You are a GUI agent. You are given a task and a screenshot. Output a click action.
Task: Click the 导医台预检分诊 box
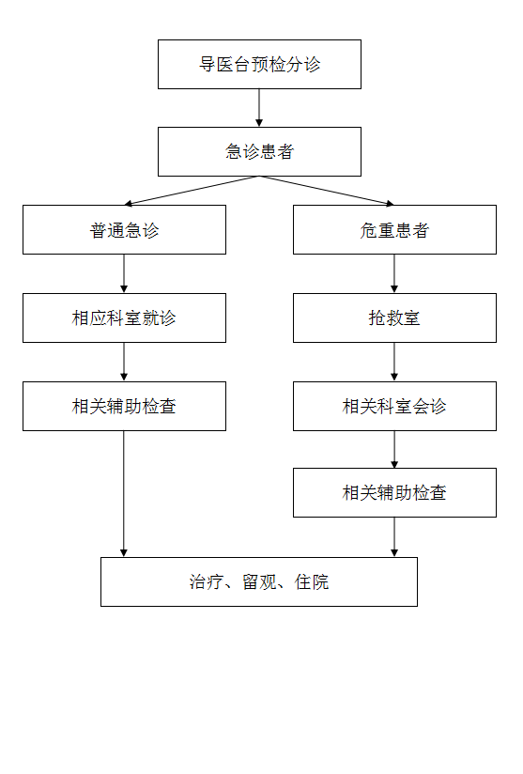[x=259, y=64]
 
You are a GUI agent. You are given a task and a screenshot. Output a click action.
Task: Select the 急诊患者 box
[x=259, y=151]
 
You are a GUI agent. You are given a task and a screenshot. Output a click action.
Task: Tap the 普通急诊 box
[x=124, y=230]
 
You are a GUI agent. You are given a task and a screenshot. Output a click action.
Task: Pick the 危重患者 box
[x=394, y=230]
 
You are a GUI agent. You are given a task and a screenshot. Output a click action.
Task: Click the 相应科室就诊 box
[x=124, y=317]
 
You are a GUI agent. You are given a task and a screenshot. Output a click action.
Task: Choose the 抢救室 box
[x=394, y=317]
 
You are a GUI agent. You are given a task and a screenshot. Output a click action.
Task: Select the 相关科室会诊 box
[x=394, y=406]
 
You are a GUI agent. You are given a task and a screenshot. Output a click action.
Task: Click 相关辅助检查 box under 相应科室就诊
[x=124, y=406]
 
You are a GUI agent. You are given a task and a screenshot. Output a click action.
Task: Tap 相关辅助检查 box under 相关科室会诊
[x=394, y=492]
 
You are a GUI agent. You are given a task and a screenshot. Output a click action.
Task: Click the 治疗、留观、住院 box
[x=259, y=582]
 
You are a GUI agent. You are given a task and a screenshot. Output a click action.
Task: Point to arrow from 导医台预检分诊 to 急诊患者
[x=259, y=108]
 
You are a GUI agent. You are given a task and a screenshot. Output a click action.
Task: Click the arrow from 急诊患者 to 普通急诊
[x=192, y=191]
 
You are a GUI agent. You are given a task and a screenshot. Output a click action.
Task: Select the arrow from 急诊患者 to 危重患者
[x=327, y=191]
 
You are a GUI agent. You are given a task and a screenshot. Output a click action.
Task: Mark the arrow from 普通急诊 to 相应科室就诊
[x=124, y=274]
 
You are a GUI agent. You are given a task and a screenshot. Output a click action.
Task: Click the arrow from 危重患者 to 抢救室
[x=394, y=274]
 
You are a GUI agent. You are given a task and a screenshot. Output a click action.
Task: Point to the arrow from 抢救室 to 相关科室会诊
[x=394, y=362]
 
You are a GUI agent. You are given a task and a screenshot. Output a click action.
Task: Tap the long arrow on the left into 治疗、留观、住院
[x=124, y=494]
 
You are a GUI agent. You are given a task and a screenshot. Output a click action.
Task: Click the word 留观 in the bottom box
[x=259, y=582]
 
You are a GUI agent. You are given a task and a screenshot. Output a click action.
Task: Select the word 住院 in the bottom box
[x=312, y=582]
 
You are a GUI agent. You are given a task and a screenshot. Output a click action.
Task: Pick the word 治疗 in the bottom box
[x=207, y=582]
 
